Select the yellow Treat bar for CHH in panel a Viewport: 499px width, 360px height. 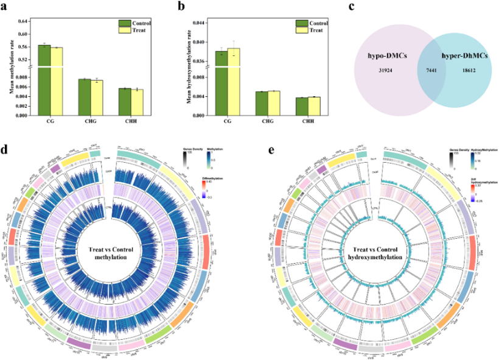pos(138,102)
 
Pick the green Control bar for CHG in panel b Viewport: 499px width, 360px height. pos(261,104)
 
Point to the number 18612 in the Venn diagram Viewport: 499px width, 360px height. pos(469,72)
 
